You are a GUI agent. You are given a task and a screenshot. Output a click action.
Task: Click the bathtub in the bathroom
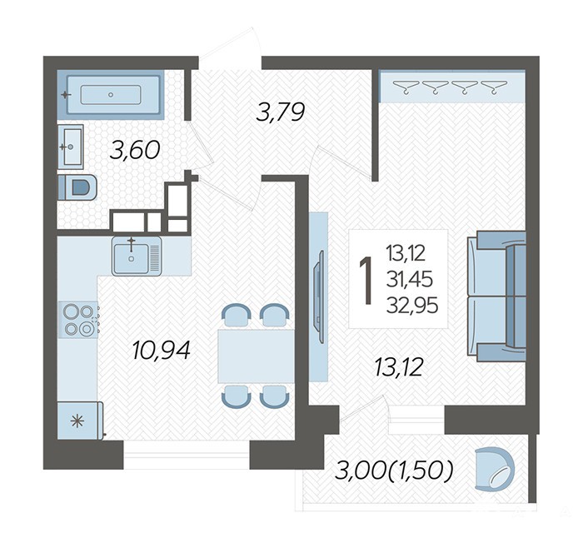pos(111,94)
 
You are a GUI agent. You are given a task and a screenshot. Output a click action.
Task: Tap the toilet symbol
pos(77,187)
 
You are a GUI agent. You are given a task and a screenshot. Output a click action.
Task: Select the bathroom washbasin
pos(70,147)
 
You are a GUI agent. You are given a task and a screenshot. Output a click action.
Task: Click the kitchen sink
pos(137,256)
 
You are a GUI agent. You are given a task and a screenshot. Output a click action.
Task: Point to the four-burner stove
pos(79,319)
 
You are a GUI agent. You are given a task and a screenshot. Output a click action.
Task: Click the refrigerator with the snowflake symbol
pos(80,421)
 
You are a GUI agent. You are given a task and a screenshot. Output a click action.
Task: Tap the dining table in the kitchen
pos(256,356)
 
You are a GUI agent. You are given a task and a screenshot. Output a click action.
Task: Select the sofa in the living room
pos(496,296)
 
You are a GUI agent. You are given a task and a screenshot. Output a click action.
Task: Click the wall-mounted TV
pos(319,296)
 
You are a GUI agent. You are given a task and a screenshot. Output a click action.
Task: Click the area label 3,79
pos(281,112)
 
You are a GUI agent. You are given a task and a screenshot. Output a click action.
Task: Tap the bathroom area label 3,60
pos(135,150)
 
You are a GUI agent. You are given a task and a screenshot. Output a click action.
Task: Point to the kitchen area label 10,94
pos(162,351)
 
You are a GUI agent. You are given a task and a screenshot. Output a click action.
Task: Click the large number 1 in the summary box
pos(366,281)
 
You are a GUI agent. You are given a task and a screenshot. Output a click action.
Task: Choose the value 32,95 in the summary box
pos(412,306)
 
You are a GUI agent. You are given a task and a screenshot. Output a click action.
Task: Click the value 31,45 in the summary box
pos(410,280)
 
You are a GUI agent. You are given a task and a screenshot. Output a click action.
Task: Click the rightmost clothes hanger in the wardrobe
pos(494,87)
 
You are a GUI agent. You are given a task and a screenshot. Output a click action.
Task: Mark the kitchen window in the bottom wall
pos(187,455)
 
